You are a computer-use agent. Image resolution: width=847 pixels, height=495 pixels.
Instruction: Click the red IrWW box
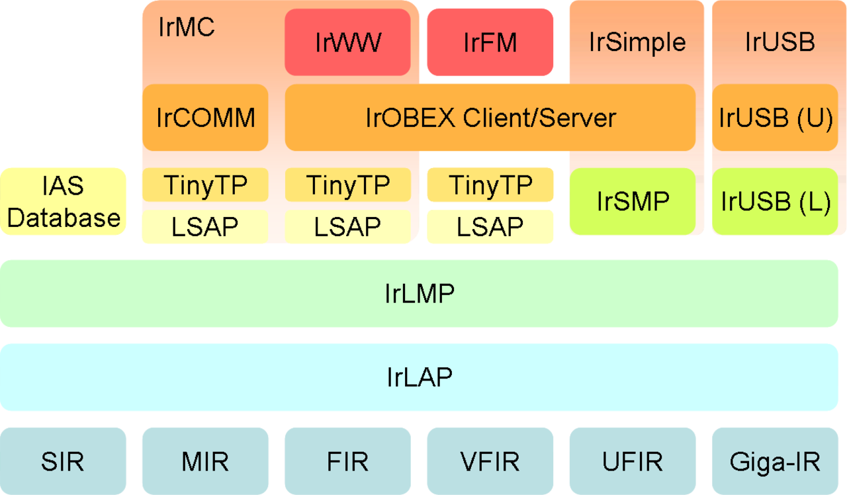tap(347, 42)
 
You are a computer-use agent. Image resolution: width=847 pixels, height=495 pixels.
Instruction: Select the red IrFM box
tap(490, 42)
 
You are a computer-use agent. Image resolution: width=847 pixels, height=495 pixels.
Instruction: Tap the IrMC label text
tap(187, 27)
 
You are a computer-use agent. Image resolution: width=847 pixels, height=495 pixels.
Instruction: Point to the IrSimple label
tap(637, 42)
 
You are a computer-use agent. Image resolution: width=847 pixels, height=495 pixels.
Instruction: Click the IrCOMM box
tap(205, 118)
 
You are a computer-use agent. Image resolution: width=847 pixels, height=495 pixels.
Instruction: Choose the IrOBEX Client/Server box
tap(490, 118)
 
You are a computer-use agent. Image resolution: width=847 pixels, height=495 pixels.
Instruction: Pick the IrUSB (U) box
tap(775, 118)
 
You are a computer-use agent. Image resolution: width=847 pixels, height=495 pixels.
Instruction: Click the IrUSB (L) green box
tap(775, 202)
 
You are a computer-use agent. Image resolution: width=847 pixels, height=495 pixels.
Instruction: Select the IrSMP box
tap(633, 202)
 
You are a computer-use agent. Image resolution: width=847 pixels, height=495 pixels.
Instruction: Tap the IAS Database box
tap(63, 202)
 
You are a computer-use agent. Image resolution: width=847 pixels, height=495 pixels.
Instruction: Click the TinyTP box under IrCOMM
tap(205, 185)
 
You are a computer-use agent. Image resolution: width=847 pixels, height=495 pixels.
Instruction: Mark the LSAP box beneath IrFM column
tap(490, 226)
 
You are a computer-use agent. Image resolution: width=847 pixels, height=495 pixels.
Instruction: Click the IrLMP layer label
tap(420, 293)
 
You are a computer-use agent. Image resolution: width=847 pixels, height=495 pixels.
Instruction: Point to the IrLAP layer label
tap(420, 377)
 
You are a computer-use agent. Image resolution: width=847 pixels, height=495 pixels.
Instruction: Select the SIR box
tap(63, 461)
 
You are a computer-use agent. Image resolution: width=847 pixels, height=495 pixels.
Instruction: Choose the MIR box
tap(205, 461)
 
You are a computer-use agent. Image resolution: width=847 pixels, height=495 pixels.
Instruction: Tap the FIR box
tap(347, 461)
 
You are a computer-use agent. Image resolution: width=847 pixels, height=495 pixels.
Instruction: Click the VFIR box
tap(490, 461)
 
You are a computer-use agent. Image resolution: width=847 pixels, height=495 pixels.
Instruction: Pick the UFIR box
tap(633, 461)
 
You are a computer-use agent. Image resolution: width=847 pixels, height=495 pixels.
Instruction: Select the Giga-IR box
tap(775, 461)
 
